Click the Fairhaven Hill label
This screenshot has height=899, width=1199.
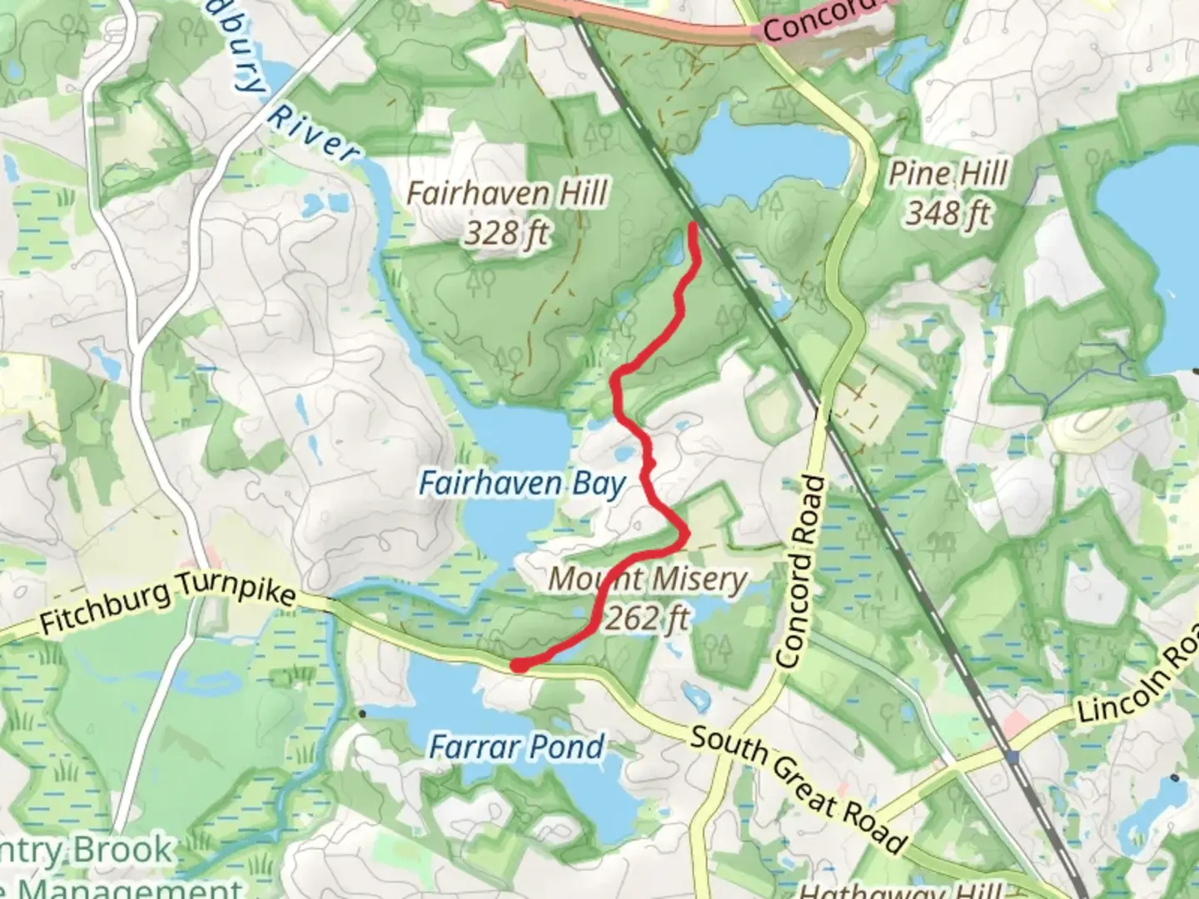tap(507, 194)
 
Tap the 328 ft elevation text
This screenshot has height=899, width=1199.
tap(506, 232)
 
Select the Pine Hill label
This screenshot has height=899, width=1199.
tap(948, 174)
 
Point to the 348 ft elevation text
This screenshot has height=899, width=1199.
tap(948, 213)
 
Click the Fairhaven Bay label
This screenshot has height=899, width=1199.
tap(522, 483)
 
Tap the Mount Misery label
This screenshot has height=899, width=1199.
tap(647, 579)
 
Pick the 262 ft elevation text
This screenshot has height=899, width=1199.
tap(647, 618)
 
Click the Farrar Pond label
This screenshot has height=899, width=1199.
tap(516, 747)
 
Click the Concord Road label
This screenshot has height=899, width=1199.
tap(799, 572)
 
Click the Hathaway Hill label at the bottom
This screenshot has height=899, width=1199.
tap(899, 889)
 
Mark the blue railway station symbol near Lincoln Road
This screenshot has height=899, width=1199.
tap(1012, 757)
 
